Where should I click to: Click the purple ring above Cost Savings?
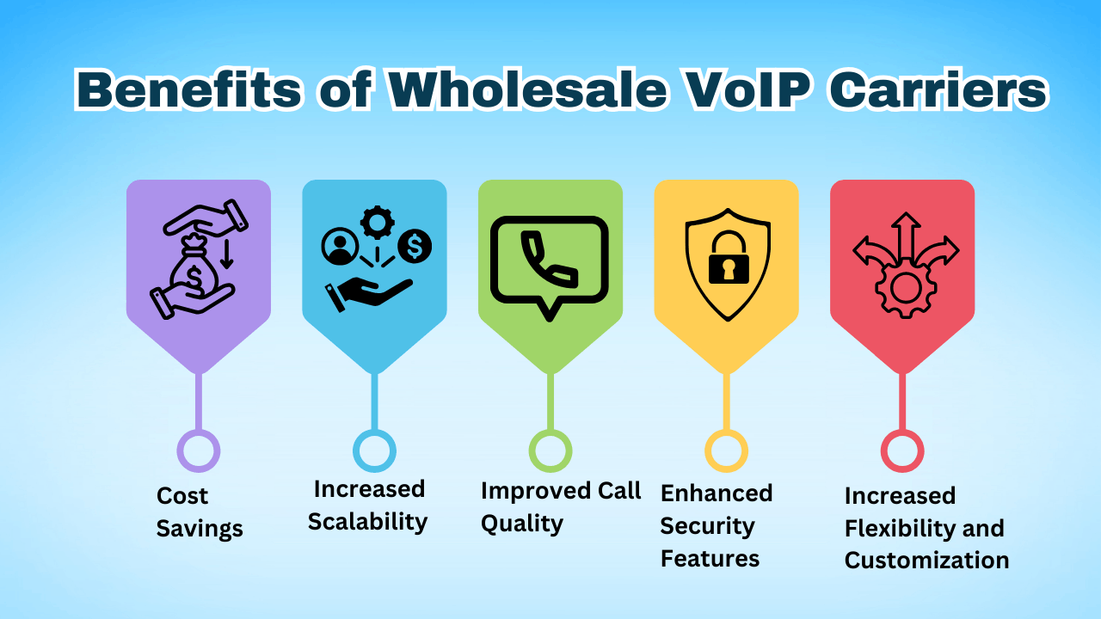199,450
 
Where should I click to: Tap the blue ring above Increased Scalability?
374,450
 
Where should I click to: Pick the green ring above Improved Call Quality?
550,450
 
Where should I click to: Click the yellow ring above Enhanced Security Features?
726,450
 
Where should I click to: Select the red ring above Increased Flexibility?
902,450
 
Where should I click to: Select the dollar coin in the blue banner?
415,247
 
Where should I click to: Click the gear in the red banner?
904,287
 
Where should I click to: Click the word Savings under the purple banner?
200,528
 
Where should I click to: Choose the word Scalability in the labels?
367,522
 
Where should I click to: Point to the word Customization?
926,561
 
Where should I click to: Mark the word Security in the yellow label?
707,526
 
